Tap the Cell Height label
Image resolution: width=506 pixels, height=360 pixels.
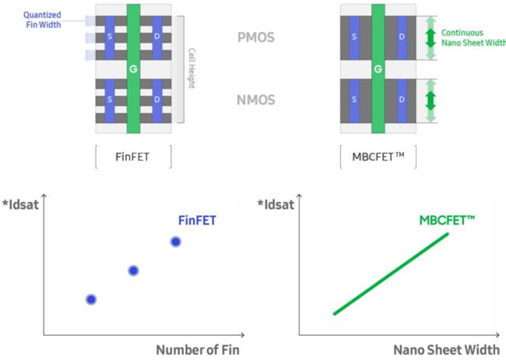point(192,69)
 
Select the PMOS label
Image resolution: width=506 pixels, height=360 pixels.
point(255,37)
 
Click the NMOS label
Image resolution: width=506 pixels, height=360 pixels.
point(255,99)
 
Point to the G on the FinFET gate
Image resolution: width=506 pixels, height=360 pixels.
point(133,69)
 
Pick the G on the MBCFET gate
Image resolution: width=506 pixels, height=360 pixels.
point(378,69)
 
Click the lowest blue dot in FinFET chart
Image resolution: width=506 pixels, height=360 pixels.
point(91,299)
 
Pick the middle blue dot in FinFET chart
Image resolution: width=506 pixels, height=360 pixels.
point(133,270)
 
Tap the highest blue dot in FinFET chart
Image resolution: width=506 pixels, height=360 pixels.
point(176,242)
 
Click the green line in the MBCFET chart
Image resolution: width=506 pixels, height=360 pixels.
point(391,274)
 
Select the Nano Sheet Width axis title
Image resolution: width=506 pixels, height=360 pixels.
point(447,349)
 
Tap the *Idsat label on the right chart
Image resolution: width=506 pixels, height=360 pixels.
point(276,205)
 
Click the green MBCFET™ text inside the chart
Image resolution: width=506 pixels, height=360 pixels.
point(447,221)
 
